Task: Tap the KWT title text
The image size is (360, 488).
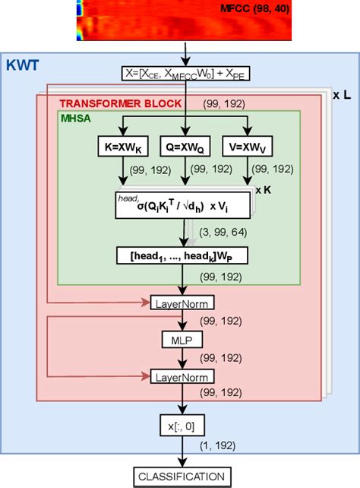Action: coord(23,66)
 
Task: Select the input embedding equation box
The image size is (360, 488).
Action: coord(184,74)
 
